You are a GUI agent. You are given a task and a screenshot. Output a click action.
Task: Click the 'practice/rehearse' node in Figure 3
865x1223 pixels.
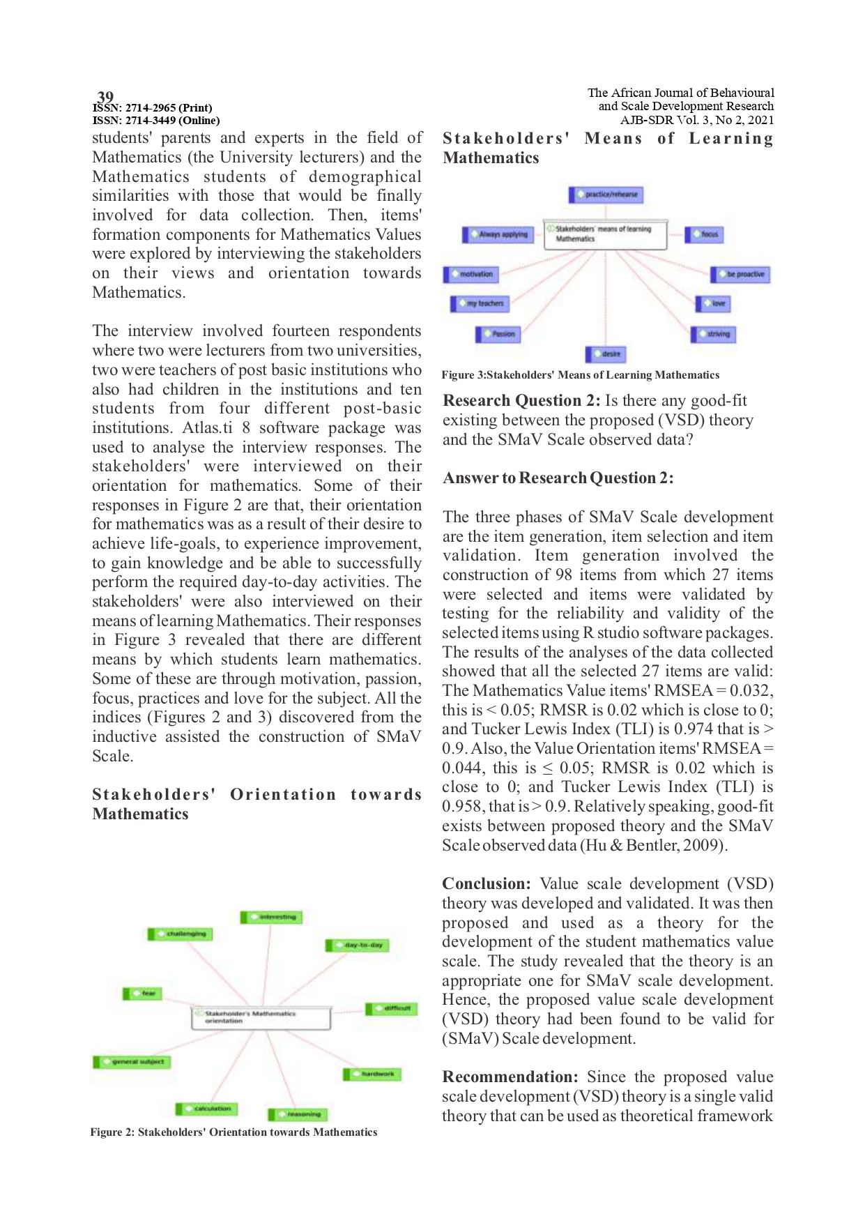click(606, 195)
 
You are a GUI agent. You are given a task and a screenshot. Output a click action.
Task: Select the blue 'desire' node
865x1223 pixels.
click(606, 354)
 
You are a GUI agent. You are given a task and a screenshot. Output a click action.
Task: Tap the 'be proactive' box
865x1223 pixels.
click(740, 275)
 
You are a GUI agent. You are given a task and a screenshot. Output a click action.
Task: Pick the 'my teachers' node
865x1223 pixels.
click(480, 303)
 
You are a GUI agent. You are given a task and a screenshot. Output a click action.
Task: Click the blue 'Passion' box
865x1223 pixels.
click(498, 335)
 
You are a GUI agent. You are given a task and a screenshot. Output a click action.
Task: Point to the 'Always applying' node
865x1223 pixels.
click(498, 234)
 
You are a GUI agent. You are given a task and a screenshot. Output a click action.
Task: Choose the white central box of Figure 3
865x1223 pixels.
click(604, 234)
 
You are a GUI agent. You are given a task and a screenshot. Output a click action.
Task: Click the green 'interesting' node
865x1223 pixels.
click(272, 917)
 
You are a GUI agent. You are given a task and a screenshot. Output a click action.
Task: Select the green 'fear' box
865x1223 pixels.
click(142, 993)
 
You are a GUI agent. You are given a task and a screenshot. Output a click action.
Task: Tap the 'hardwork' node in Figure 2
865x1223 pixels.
click(372, 1074)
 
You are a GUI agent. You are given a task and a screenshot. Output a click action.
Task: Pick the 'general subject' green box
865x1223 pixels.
click(132, 1062)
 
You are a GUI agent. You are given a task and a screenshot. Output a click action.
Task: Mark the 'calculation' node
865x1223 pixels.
click(206, 1108)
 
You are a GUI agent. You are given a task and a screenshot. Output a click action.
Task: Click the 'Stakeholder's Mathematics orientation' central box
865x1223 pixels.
click(260, 1017)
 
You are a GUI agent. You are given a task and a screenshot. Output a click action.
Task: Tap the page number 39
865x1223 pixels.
click(105, 97)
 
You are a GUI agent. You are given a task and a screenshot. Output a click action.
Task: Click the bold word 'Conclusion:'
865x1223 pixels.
click(487, 883)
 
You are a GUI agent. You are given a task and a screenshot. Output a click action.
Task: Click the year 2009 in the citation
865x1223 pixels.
click(707, 845)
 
